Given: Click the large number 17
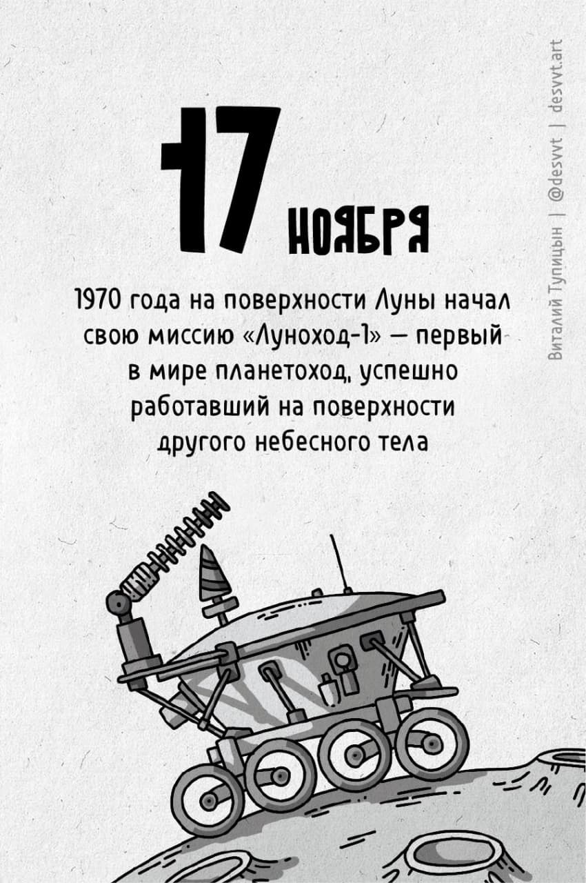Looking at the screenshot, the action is tap(221, 179).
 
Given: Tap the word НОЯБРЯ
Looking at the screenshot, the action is tap(358, 230).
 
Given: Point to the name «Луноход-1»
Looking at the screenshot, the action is tap(316, 337).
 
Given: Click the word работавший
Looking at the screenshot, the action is tap(201, 407).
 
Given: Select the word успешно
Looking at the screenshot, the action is tap(408, 372).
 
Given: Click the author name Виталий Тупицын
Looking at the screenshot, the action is tap(554, 293).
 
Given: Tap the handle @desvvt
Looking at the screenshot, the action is tap(554, 172).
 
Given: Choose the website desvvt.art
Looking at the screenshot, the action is tap(554, 75).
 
